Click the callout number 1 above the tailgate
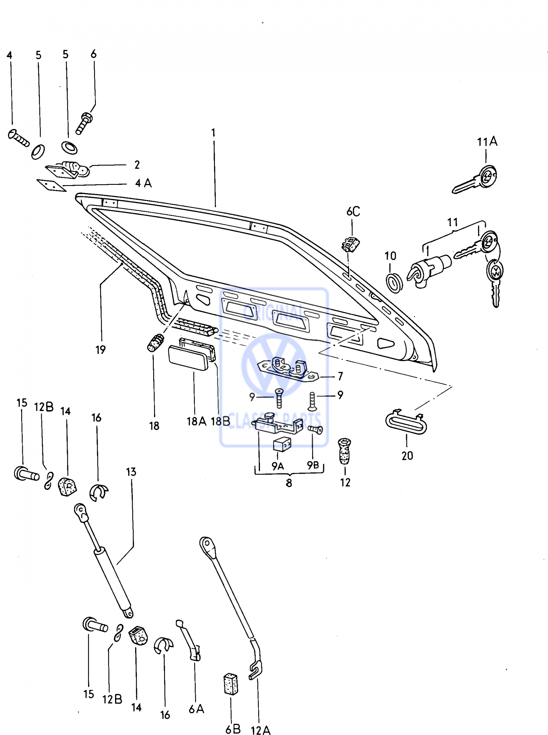(213, 133)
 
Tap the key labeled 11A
(475, 179)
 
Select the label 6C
(353, 211)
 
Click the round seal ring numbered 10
(395, 283)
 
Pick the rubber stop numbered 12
(345, 451)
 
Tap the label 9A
(278, 466)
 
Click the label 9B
(313, 465)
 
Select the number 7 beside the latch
(340, 376)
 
